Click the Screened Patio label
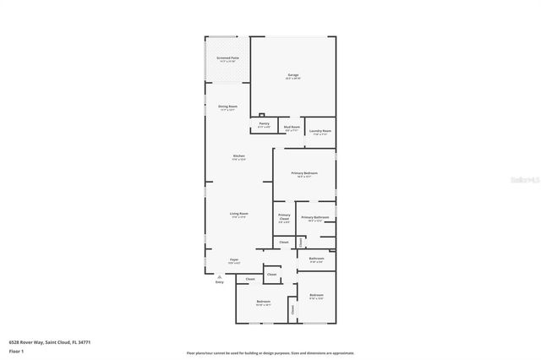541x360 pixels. coord(228,59)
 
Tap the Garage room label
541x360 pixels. coord(292,76)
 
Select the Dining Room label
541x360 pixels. coord(228,107)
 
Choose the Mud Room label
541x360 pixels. coord(292,128)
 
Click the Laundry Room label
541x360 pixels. coord(320,132)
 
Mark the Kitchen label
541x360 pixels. coord(239,157)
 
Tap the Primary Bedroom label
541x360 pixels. coord(303,174)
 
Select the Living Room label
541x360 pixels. coord(239,215)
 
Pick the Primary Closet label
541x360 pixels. coord(284,218)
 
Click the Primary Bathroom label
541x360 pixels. coord(314,218)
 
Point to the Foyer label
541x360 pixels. coord(233,261)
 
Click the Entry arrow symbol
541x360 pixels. coord(219,276)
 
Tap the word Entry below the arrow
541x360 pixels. coord(219,283)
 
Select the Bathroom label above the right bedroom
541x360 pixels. coord(316,259)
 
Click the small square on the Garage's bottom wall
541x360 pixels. coord(262,115)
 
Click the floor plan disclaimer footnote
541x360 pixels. coord(270,353)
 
